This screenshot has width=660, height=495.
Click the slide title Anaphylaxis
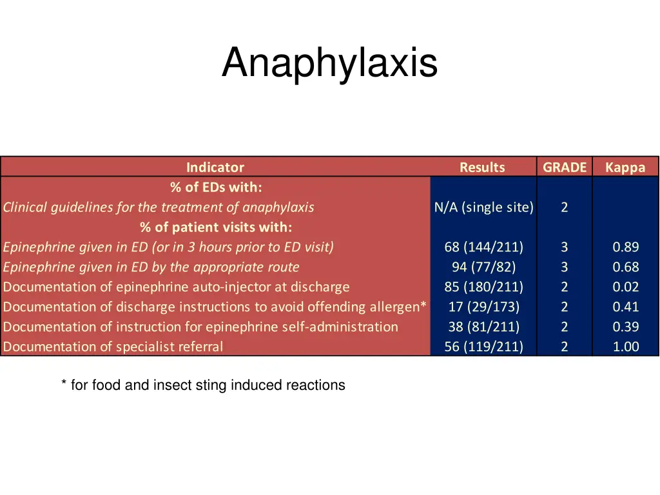329,64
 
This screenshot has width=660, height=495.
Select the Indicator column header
215,168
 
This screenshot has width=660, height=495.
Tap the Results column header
482,168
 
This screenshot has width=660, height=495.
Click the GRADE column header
565,168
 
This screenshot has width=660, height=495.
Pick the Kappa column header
625,168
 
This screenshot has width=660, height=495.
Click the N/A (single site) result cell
484,208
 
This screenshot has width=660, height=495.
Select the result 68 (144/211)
484,247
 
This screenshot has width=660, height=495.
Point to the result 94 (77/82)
484,267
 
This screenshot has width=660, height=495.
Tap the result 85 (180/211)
484,287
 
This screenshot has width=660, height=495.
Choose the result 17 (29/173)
484,307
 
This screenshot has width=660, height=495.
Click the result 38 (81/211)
484,327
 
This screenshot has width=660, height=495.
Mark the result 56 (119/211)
484,347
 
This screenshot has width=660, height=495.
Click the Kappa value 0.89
626,247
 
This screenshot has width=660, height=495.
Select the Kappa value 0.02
626,287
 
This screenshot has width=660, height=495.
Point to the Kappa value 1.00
626,347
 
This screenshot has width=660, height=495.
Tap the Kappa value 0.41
626,307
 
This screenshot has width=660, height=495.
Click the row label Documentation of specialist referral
113,347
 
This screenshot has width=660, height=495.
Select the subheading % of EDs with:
216,188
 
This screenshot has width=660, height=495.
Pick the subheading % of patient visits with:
216,228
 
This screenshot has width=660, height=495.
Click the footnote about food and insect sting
203,385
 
